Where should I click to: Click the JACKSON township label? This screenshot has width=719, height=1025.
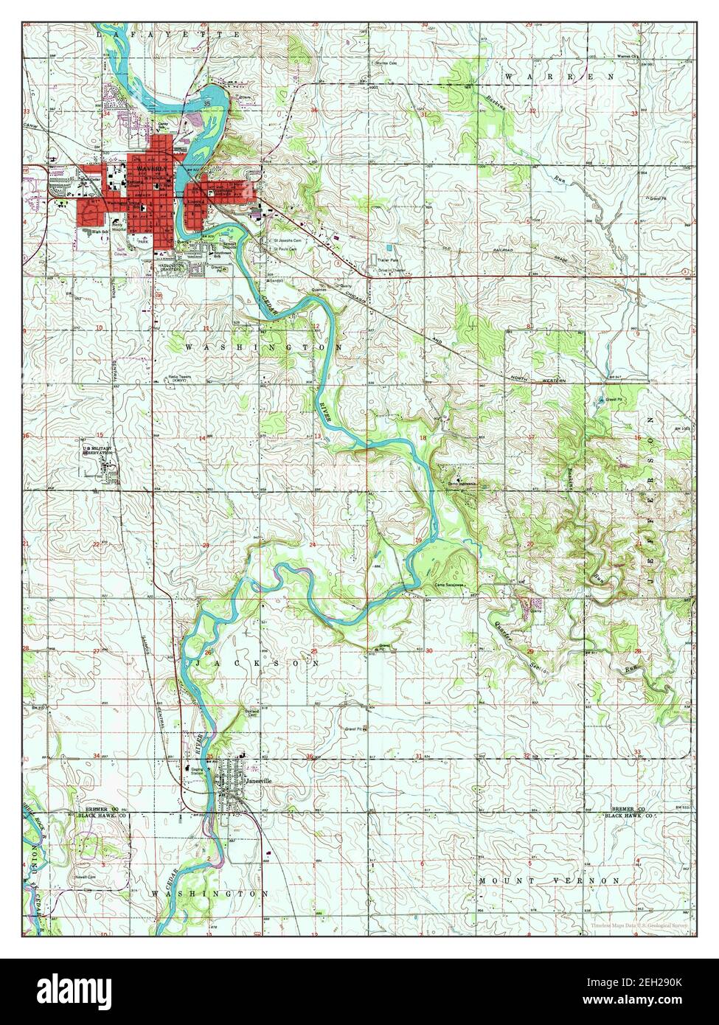(258, 663)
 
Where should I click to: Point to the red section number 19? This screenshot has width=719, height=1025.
(419, 541)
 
